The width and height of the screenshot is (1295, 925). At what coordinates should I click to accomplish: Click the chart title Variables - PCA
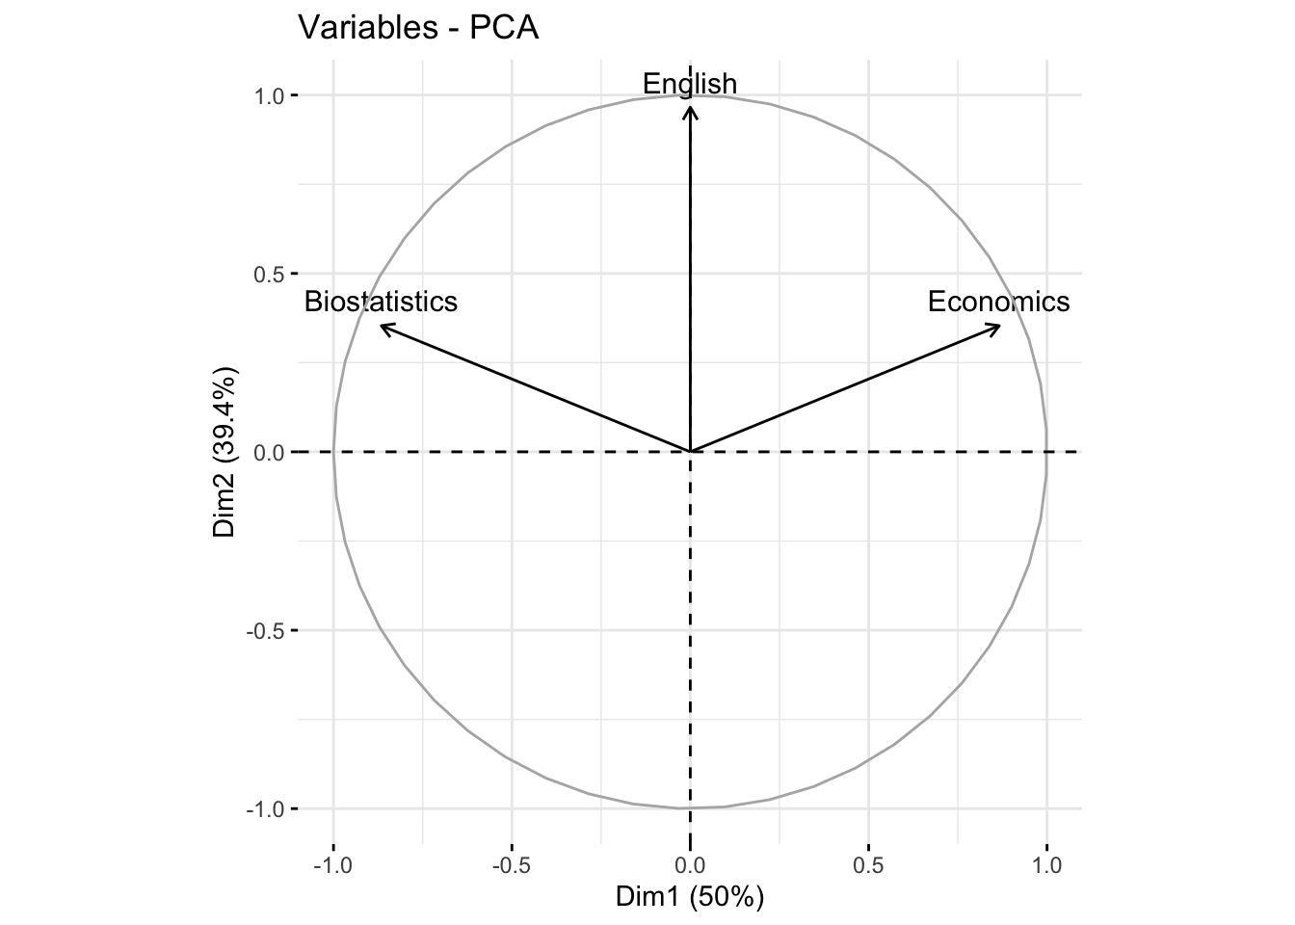[x=418, y=28]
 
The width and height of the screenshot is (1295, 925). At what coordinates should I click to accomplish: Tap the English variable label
[x=690, y=84]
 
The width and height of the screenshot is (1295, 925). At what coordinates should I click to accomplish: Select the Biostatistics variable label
[x=381, y=302]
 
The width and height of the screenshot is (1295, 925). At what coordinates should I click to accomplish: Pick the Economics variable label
[x=998, y=302]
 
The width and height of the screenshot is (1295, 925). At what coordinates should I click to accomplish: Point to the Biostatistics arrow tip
[x=382, y=327]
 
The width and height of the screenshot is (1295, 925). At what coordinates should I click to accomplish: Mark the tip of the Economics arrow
[x=999, y=327]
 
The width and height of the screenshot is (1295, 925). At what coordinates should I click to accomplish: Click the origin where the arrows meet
[x=690, y=451]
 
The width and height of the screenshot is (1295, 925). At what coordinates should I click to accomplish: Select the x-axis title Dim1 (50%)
[x=690, y=897]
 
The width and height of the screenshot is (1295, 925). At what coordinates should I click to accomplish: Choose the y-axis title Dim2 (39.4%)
[x=225, y=451]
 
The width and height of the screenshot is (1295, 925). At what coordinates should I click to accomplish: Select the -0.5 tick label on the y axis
[x=263, y=630]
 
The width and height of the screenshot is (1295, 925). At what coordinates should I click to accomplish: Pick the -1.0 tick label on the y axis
[x=263, y=808]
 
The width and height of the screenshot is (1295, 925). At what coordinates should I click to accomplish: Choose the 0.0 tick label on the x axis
[x=690, y=864]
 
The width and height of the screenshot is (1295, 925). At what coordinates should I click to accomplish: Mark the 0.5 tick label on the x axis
[x=868, y=864]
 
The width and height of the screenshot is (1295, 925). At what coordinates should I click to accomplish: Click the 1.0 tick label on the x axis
[x=1046, y=864]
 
